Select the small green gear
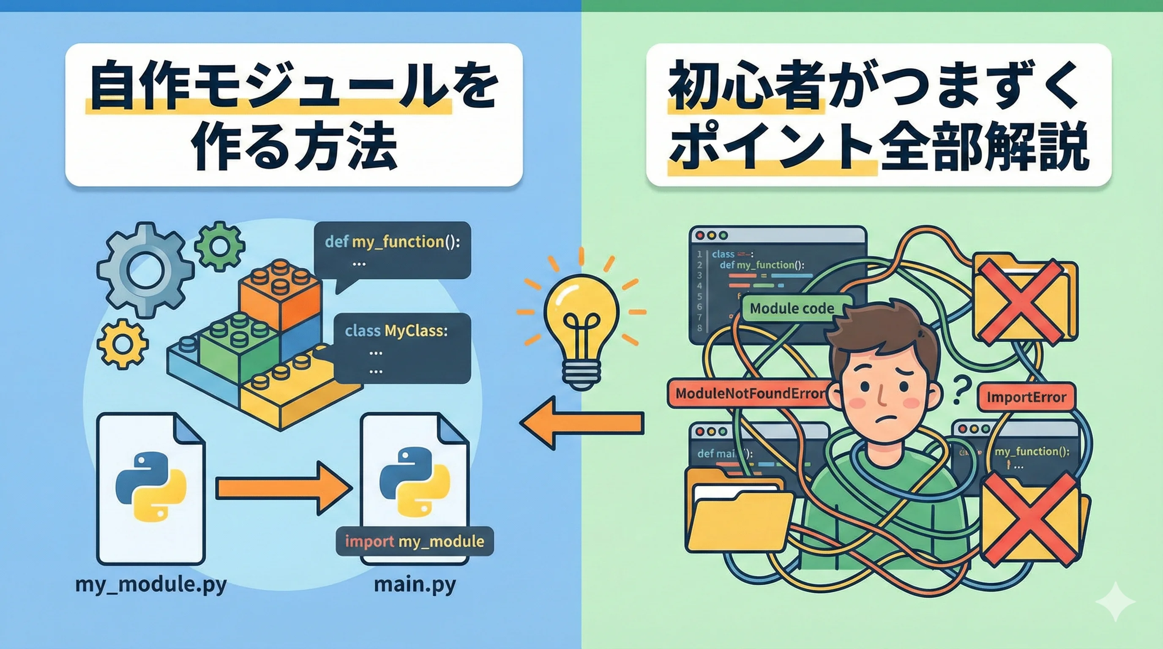220,246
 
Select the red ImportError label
1026,397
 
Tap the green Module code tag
792,309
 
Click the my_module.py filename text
151,584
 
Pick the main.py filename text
415,584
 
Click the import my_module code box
415,541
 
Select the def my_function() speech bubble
392,251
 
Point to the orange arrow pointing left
582,423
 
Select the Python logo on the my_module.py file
151,488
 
